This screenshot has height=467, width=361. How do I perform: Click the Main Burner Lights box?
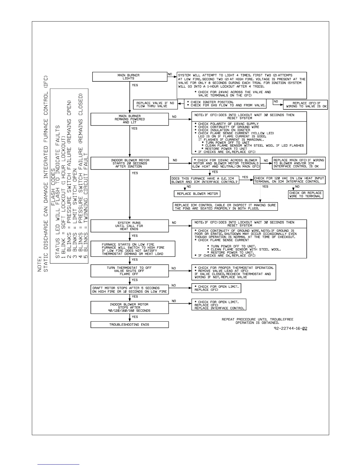coord(130,77)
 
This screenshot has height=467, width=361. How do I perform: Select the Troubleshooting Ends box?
coord(129,325)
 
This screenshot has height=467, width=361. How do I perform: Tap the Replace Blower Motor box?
coord(197,194)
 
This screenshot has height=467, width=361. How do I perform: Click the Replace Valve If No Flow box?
coord(155,105)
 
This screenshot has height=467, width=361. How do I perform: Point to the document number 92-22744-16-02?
coord(291,328)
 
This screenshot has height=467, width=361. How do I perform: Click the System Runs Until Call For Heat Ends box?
coord(129,226)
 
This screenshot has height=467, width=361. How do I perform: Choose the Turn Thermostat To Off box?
coord(129,271)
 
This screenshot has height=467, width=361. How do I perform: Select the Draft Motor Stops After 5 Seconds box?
coord(129,290)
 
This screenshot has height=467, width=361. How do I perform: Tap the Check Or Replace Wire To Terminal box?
coord(306,195)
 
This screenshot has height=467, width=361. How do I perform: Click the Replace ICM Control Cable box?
coord(225,207)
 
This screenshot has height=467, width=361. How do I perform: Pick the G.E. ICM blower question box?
coord(205,180)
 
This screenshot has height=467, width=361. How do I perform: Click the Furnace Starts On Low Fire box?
coord(133,249)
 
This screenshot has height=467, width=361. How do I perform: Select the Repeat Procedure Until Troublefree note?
coord(257,321)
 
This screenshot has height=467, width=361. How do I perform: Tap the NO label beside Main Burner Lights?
coord(170,74)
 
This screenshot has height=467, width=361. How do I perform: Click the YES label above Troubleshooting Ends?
coord(135,317)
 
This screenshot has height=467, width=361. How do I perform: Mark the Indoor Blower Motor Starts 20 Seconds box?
coord(129,163)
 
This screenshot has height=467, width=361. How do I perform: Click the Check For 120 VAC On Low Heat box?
coord(289,180)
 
